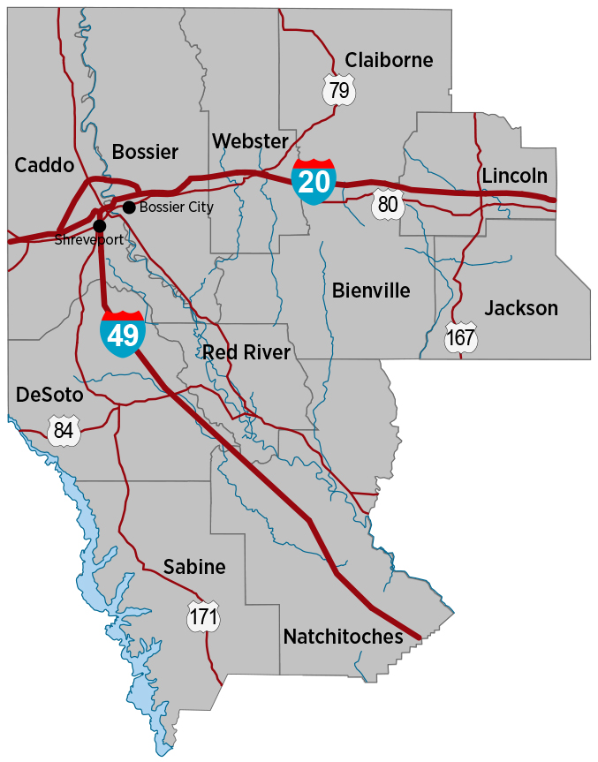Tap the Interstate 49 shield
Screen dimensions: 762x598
click(123, 334)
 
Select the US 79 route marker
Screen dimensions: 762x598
click(338, 89)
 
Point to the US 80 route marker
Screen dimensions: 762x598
click(387, 202)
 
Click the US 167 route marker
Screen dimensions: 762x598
click(461, 337)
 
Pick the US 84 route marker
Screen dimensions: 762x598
click(64, 431)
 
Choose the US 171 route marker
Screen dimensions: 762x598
click(203, 616)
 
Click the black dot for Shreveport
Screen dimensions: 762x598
click(100, 226)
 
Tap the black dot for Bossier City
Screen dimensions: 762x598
click(129, 207)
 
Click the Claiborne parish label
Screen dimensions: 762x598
click(389, 60)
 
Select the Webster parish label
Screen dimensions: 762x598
click(251, 141)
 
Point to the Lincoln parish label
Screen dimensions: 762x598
click(515, 175)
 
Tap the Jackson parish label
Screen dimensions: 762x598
click(521, 308)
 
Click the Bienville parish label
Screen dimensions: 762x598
click(371, 290)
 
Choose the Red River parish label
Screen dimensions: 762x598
click(246, 352)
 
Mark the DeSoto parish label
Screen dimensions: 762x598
click(49, 395)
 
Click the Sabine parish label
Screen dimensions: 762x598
click(194, 567)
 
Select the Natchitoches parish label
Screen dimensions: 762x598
click(343, 637)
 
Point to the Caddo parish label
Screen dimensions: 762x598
click(44, 165)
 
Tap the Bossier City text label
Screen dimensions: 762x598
click(176, 207)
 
